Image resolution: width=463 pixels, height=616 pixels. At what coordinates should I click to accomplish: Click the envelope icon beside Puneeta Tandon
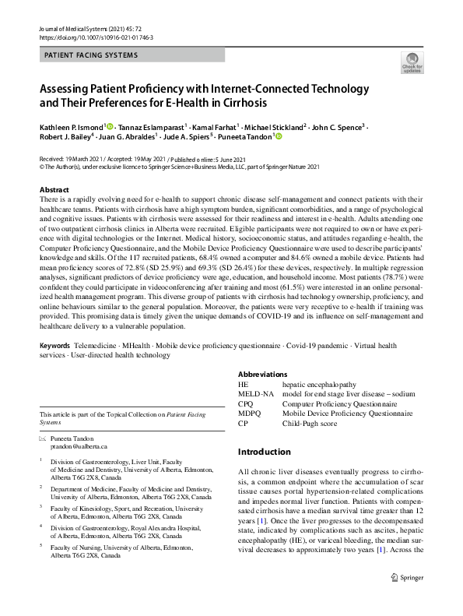pyautogui.click(x=42, y=438)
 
